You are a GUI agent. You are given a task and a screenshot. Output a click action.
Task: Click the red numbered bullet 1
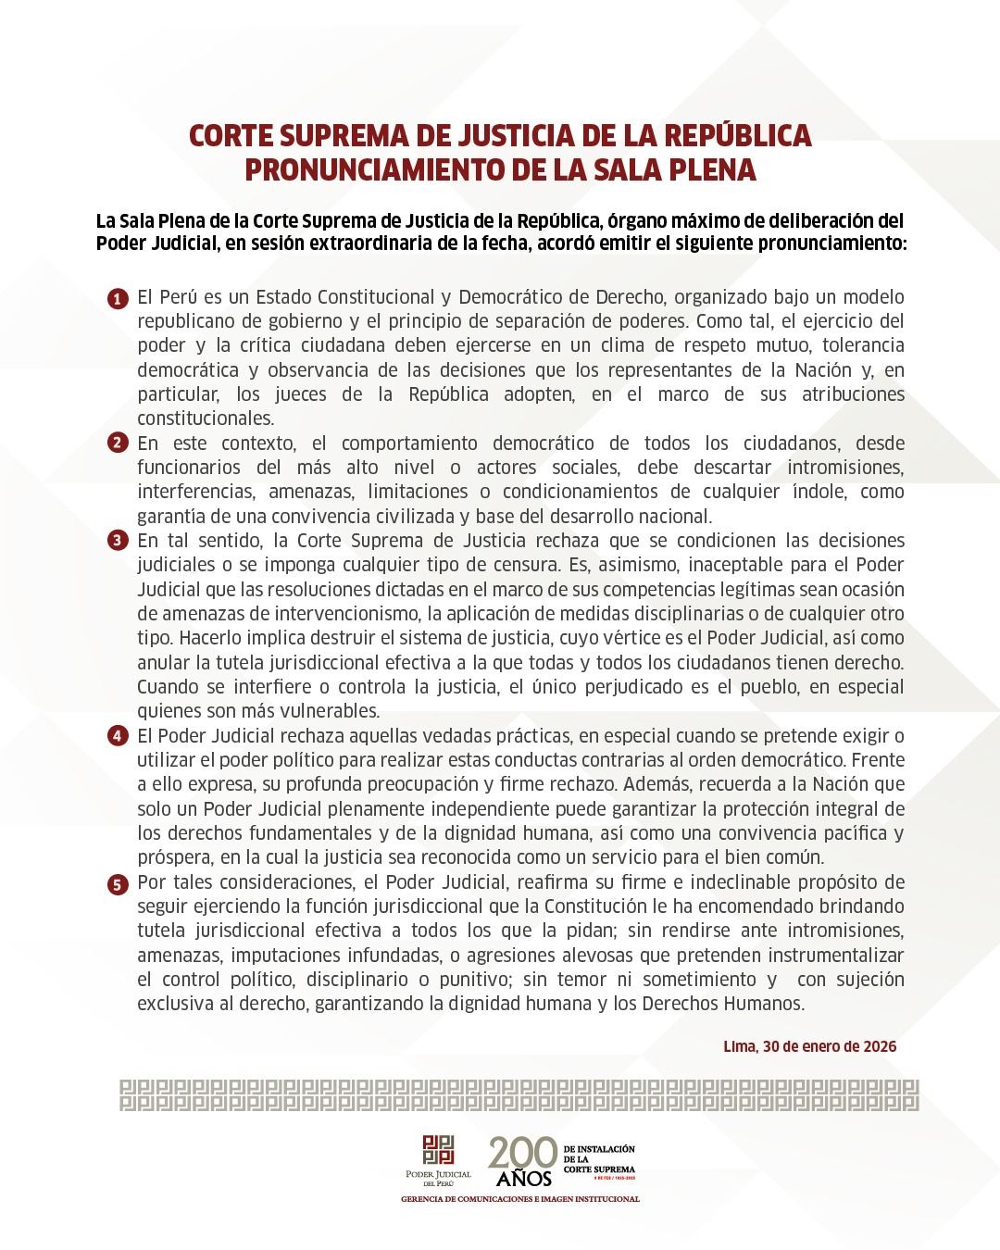(x=118, y=299)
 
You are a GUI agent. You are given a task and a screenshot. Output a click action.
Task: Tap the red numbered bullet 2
(x=118, y=443)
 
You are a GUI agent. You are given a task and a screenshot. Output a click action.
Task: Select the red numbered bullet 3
(x=118, y=541)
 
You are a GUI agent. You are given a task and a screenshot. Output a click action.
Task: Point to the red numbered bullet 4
(x=118, y=736)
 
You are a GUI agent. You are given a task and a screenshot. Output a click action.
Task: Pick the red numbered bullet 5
(x=118, y=884)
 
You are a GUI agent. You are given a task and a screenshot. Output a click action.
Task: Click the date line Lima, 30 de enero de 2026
(x=809, y=1046)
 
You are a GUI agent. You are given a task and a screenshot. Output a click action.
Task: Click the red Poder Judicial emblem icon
(x=438, y=1149)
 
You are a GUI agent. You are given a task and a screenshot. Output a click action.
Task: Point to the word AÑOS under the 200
(x=524, y=1179)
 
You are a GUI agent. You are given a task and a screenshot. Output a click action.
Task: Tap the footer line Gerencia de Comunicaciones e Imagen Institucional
(x=519, y=1199)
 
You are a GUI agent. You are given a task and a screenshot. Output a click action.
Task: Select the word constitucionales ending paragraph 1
(x=206, y=419)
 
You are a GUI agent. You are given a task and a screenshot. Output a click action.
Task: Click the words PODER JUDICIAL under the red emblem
(x=438, y=1174)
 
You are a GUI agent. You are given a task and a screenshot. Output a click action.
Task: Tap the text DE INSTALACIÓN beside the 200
(x=599, y=1149)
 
